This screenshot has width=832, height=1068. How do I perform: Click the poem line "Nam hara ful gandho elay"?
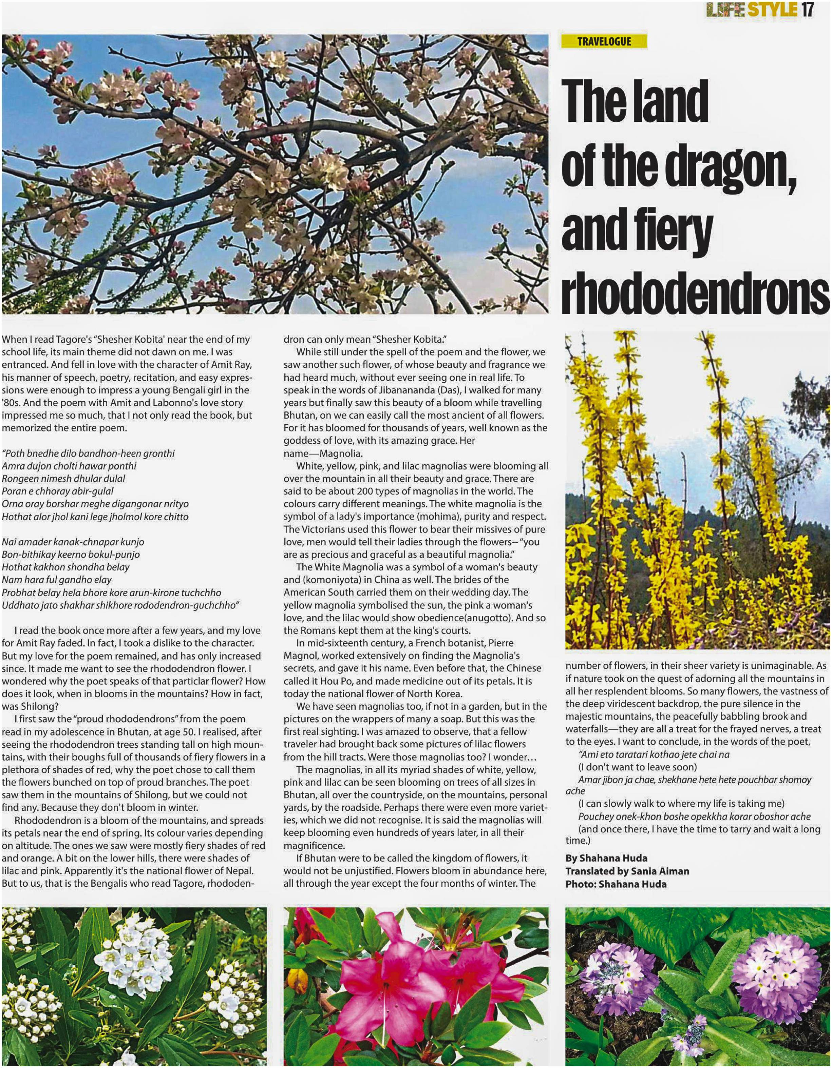57,580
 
